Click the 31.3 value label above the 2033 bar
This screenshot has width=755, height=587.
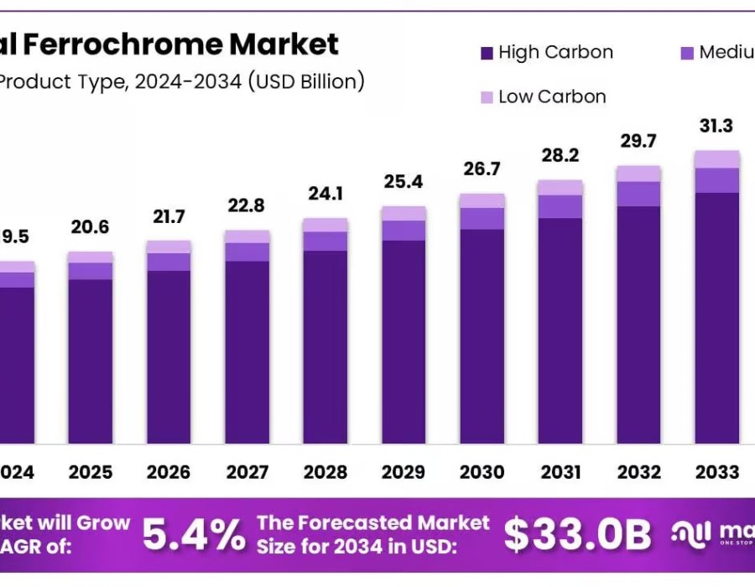coord(716,127)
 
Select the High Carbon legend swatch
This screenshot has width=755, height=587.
coord(487,53)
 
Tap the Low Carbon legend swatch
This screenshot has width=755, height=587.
coord(487,97)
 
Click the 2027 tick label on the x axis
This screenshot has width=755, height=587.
coord(247,473)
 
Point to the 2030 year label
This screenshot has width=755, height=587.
coord(482,473)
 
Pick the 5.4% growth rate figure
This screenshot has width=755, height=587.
coord(194,533)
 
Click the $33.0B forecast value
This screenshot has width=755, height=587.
coord(578,533)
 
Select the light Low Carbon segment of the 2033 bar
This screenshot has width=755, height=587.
coord(716,159)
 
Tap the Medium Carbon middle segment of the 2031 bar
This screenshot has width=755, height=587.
coord(560,206)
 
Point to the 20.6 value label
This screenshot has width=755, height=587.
coord(90,227)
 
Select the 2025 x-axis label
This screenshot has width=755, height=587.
coord(90,473)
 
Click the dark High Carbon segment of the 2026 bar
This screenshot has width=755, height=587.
coord(169,356)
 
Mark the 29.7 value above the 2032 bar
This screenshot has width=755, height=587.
coord(638,141)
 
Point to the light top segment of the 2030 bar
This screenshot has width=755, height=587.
coord(482,200)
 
